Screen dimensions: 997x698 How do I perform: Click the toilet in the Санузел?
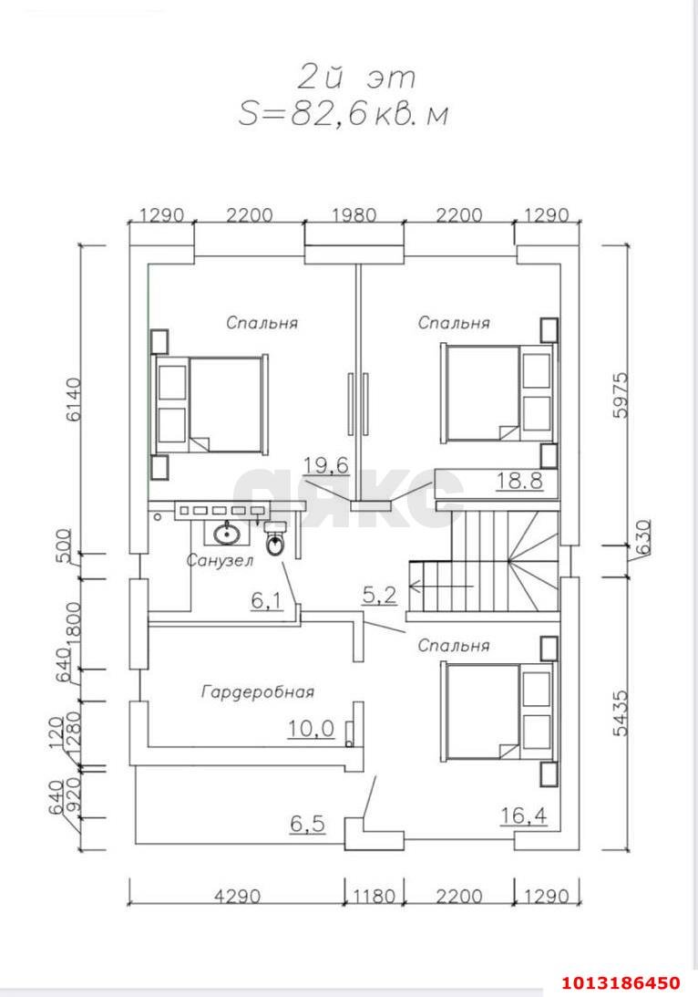click(277, 543)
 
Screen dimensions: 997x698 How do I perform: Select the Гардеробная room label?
click(257, 692)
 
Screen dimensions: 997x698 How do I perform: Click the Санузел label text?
click(220, 561)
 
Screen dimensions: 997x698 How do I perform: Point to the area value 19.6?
click(326, 466)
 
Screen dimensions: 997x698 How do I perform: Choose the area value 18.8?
click(519, 481)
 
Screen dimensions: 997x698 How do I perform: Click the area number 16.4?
click(523, 815)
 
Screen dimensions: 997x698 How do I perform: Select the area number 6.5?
click(307, 823)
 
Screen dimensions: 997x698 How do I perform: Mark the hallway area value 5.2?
click(380, 596)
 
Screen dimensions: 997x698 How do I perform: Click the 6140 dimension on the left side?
click(72, 400)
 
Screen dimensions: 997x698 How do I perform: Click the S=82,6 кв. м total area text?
click(344, 113)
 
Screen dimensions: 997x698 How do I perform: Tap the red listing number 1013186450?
click(621, 982)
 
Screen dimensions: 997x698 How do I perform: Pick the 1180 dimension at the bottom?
click(373, 896)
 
